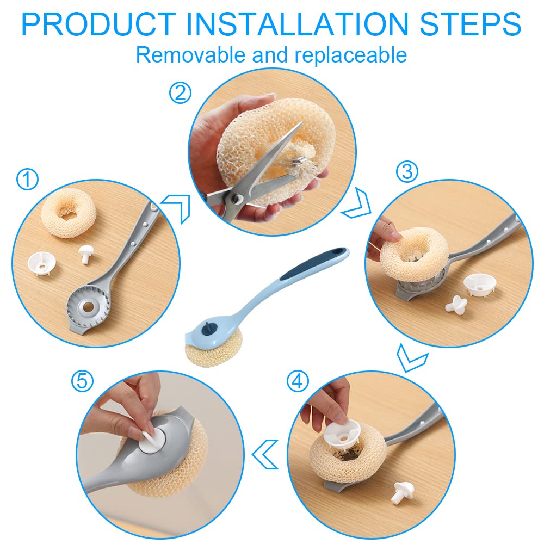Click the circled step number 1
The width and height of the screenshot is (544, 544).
27,179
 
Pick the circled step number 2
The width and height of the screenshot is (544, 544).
180,92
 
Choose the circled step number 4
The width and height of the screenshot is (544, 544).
298,381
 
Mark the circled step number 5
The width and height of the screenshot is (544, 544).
82,381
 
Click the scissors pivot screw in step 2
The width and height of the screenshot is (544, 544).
237,198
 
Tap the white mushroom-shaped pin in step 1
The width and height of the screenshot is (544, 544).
85,254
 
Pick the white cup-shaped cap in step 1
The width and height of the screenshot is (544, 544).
42,264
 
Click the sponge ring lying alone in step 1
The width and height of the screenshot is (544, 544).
67,212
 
